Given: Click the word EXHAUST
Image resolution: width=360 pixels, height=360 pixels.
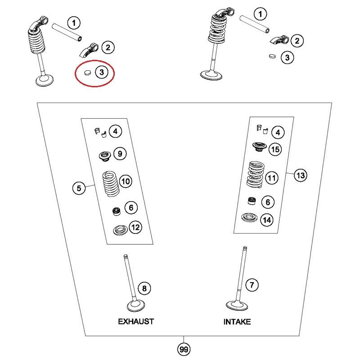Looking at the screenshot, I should coord(136,321).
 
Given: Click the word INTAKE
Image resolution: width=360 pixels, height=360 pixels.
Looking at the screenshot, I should coord(237,322).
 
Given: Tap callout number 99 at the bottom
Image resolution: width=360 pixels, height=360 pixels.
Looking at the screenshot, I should coord(183,349).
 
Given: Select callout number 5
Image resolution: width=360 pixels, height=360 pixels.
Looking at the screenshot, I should coord(79,188).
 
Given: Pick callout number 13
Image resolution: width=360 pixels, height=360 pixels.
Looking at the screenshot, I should coord(301,175).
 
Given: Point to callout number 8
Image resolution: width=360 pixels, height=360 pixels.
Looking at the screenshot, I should coord(144,288).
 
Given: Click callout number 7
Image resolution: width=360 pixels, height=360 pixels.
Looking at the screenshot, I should coord(252,285).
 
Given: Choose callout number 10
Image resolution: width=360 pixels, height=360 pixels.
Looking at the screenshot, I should coord(125,181).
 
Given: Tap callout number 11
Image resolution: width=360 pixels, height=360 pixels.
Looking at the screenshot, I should coord(271,178).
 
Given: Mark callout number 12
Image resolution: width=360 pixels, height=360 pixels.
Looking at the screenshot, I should coord(135,228).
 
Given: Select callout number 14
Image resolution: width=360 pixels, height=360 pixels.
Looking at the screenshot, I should coord(267,220).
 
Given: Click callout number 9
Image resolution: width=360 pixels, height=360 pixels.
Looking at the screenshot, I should coord(120,154).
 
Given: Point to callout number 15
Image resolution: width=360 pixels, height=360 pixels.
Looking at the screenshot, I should coord(274,149).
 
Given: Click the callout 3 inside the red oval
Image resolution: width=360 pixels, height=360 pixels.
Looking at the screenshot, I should coord(102,72).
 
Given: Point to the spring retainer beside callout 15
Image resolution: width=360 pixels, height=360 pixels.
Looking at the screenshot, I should coord(259,146).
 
